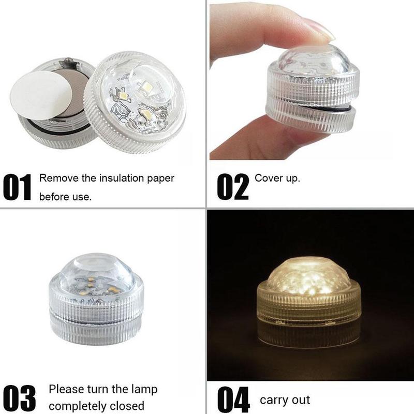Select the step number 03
coord(20,397)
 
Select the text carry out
coord(285,400)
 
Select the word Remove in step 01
coord(54,179)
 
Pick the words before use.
coord(66,198)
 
